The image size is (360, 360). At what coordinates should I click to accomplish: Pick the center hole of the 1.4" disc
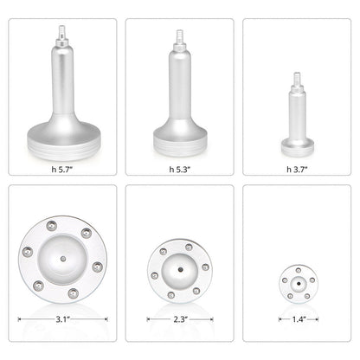[x=298, y=281]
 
